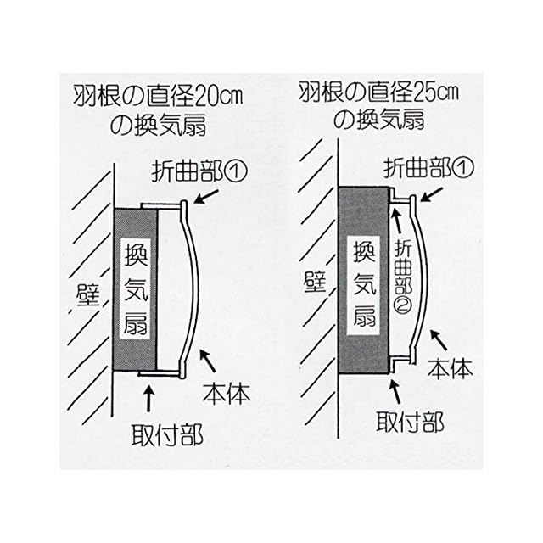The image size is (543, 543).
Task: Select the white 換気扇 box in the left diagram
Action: pos(136,288)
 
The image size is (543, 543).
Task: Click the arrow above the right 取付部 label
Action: pos(395,390)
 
